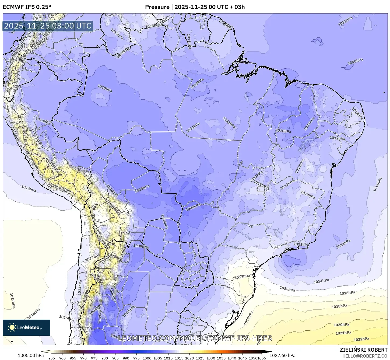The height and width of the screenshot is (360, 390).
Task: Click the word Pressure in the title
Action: click(x=157, y=7)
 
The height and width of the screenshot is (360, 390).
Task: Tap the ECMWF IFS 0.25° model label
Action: click(x=27, y=7)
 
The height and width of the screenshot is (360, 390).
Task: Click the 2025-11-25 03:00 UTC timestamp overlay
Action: click(x=48, y=26)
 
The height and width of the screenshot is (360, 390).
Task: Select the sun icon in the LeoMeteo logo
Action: click(x=12, y=327)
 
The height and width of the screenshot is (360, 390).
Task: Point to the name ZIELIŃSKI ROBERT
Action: click(x=364, y=350)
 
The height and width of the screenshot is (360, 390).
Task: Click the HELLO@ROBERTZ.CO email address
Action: click(x=365, y=356)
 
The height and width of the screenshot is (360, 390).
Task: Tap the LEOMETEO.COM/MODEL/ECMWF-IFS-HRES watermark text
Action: click(x=195, y=338)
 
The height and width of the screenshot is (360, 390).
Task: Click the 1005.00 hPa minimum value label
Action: click(x=30, y=355)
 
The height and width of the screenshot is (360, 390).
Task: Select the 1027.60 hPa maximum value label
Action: click(x=282, y=355)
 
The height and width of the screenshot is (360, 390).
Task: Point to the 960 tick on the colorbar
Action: click(x=62, y=358)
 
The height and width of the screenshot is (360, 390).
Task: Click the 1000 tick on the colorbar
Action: click(x=147, y=358)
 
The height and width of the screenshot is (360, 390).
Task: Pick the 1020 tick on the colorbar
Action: click(x=189, y=358)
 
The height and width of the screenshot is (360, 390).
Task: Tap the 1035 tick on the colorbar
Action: click(x=221, y=358)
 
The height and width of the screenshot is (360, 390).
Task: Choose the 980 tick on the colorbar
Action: click(x=105, y=358)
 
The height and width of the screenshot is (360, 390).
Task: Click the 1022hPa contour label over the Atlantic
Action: click(x=361, y=339)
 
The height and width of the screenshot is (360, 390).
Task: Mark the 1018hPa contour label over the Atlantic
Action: click(x=339, y=306)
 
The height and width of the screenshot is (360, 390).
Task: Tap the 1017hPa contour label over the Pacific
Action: click(x=12, y=300)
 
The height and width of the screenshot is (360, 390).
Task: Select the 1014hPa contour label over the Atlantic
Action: click(x=321, y=281)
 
